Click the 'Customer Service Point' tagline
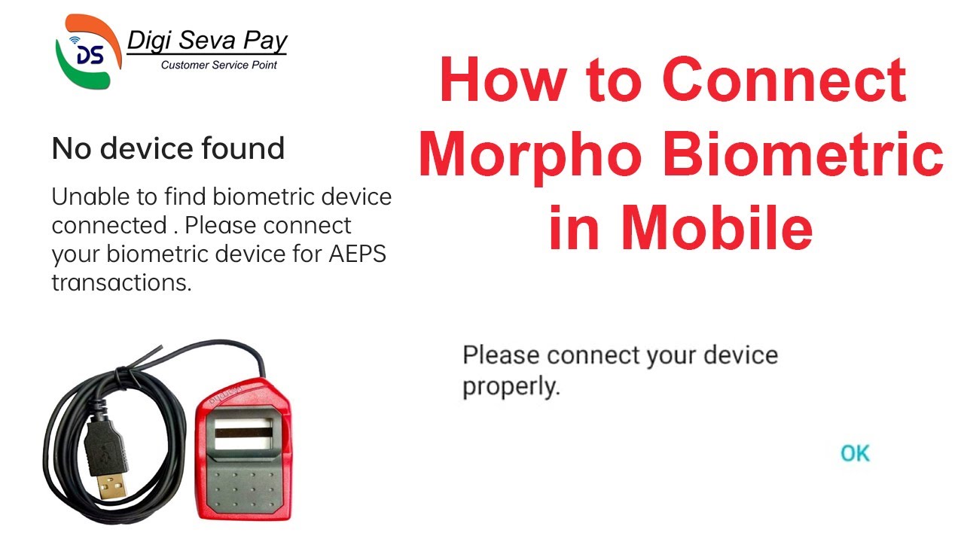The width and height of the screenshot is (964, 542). point(219,65)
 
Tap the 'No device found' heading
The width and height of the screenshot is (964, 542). point(168,148)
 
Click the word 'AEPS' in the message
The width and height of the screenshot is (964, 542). point(357,254)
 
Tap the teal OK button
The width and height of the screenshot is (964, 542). point(855,453)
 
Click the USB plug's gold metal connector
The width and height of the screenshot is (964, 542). point(111,482)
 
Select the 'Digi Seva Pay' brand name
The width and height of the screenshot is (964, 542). point(207,41)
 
